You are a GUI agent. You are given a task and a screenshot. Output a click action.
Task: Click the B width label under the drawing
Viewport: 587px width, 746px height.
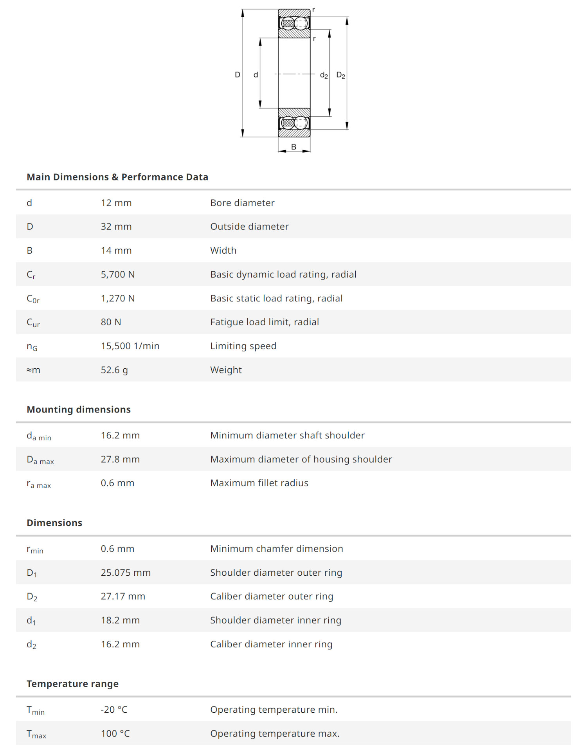[293, 147]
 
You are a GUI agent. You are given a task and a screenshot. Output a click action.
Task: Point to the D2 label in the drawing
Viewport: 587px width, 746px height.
[340, 75]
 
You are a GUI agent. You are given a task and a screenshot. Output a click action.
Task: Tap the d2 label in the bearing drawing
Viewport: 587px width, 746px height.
[324, 75]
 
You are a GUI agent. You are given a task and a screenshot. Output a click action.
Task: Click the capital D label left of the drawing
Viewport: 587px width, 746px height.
[237, 74]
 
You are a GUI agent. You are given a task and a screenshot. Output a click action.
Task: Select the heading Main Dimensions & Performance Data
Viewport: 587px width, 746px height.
[117, 177]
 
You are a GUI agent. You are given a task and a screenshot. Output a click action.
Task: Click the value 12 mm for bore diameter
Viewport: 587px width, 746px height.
[116, 203]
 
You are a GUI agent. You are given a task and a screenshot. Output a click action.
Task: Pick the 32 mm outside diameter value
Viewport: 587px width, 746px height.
[116, 227]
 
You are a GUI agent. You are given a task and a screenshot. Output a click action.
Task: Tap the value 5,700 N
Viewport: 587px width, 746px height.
[118, 274]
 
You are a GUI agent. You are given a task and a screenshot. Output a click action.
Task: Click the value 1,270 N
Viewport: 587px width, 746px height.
[118, 298]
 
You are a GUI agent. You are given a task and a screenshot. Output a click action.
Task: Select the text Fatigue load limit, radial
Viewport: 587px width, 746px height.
[265, 322]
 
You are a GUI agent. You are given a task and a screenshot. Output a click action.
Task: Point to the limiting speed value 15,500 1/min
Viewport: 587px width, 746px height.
[130, 346]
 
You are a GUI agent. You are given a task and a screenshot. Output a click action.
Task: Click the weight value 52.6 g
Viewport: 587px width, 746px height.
[114, 370]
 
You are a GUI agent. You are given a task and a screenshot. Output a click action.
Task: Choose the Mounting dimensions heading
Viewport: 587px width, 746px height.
[79, 409]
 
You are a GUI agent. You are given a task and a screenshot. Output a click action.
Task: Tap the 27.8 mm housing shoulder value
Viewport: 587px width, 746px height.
[120, 459]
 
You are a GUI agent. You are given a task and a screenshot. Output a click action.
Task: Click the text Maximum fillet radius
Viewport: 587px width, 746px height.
[259, 483]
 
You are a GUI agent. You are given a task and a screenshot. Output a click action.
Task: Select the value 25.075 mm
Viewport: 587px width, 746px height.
[126, 573]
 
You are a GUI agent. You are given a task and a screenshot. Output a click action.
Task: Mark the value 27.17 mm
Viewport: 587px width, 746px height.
[123, 596]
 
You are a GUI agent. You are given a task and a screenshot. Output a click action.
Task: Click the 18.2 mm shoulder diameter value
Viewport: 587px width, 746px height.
[120, 620]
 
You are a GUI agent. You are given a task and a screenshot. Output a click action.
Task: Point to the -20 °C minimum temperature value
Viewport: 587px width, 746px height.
[114, 710]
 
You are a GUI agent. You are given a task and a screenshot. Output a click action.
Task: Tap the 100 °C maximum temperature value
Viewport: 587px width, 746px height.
[115, 733]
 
